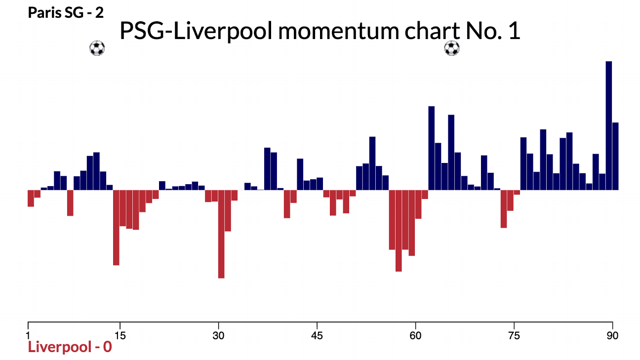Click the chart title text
coord(320,32)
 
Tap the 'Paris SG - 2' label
coord(66,12)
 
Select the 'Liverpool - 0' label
coord(70,347)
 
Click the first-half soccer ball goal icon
coord(97,48)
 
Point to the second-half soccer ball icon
coord(452,48)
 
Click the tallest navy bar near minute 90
coord(609,125)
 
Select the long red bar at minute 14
coord(116,227)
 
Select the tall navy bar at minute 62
coord(431,148)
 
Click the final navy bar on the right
coord(615,156)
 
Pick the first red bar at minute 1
coord(31,198)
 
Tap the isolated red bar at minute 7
coord(70,202)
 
